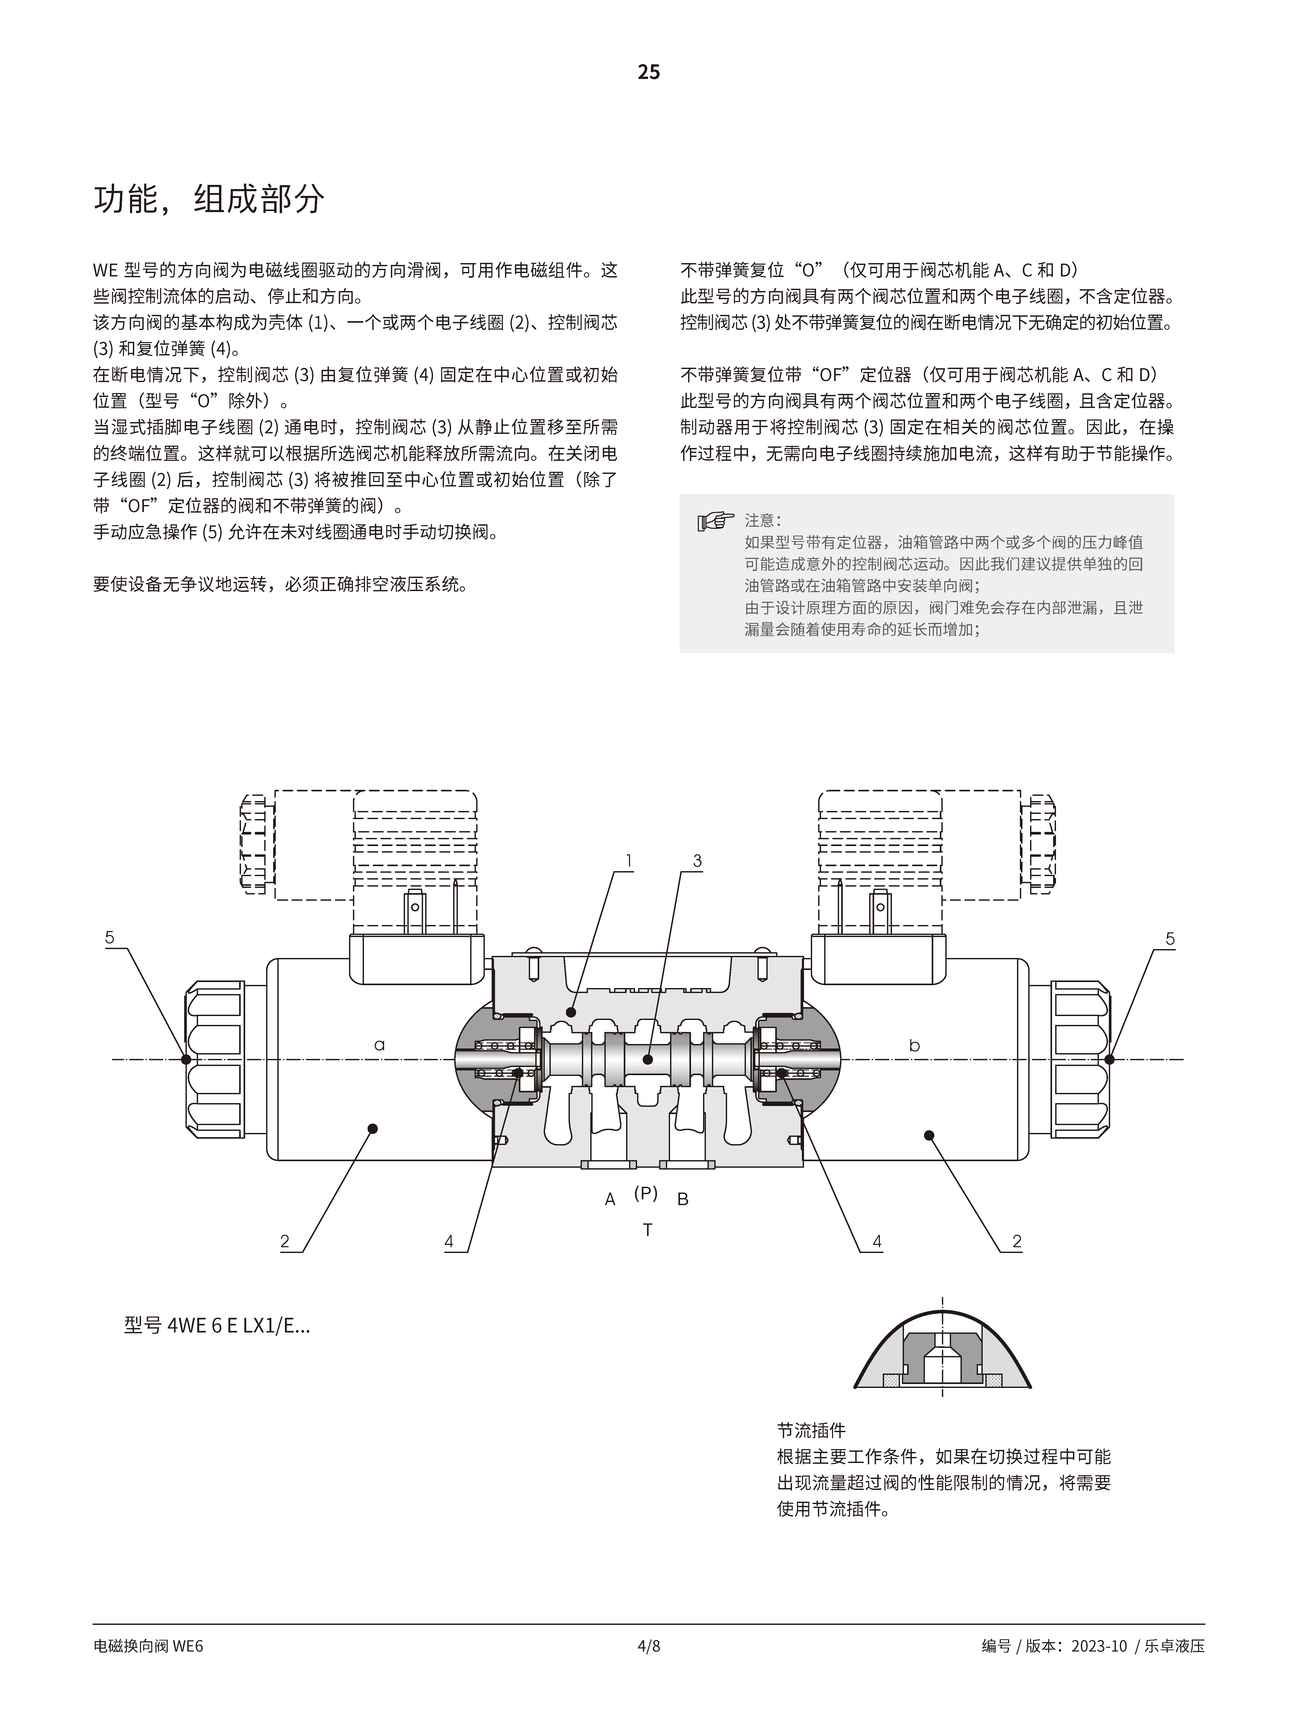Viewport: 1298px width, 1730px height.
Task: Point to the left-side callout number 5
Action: (x=110, y=938)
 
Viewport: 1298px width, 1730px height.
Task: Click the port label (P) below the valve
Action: (x=645, y=1193)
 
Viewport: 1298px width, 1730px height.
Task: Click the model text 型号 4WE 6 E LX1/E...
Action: (x=217, y=1326)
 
